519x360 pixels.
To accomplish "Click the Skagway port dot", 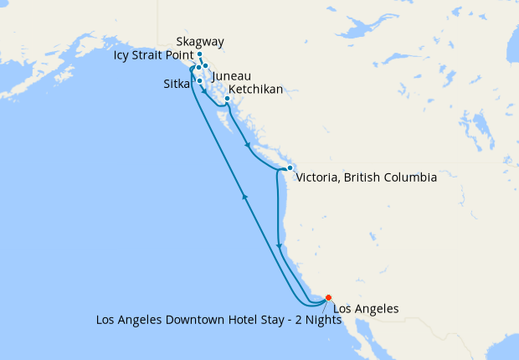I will (x=199, y=54).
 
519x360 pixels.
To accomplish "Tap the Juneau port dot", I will (x=205, y=65).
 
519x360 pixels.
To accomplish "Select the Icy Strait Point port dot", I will (x=198, y=67).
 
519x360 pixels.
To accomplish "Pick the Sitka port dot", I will (x=199, y=80).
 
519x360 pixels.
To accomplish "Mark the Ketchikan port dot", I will (x=227, y=99).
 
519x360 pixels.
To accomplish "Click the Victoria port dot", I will (x=289, y=168).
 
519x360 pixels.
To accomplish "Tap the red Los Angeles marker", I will (x=328, y=297).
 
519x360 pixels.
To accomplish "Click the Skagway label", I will (x=200, y=42).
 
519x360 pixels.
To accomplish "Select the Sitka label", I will (x=177, y=84).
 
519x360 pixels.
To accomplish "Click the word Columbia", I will (x=409, y=177).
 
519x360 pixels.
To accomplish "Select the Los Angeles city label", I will (x=365, y=309).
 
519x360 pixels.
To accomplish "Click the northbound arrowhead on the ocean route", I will (x=244, y=196).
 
